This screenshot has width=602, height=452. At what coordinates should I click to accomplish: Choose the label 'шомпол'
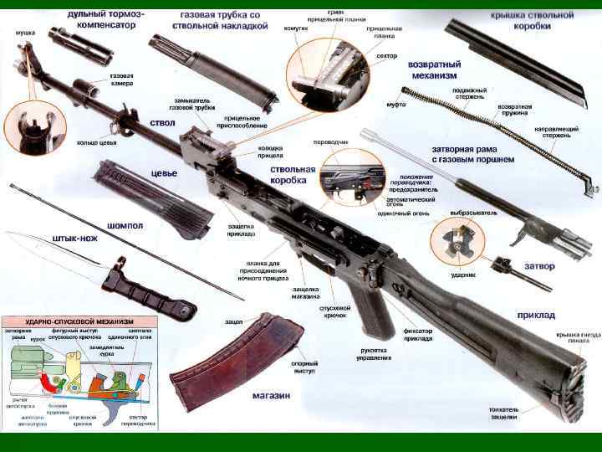pos(125,225)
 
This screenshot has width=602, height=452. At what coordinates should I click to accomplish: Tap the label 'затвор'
pos(538,265)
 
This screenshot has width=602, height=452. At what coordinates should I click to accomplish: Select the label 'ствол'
pos(161,122)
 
